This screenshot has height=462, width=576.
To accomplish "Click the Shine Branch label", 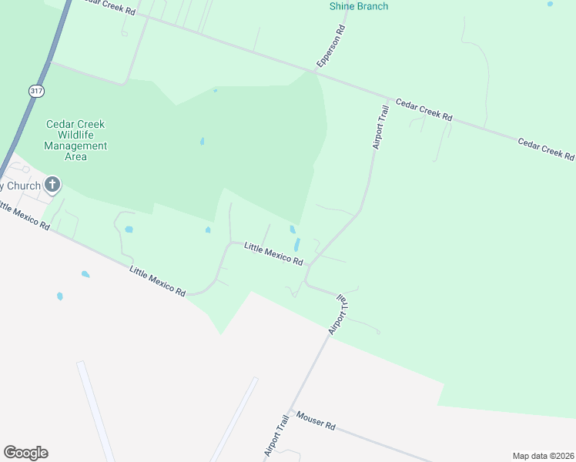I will coord(358,6).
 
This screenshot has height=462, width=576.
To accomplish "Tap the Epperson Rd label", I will coord(330,45).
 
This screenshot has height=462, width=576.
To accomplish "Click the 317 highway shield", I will coord(37,91).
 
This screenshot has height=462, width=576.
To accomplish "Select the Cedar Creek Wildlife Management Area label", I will coord(75,140).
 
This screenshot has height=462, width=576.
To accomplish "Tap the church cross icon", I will coord(52,184).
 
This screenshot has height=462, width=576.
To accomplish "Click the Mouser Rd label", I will coord(316,421).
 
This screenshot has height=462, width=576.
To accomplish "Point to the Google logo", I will coord(25,453).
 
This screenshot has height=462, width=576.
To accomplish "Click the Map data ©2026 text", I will coord(543,456).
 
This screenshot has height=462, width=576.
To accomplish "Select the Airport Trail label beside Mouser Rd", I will coord(276,437).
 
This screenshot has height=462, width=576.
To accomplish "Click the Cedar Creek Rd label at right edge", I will coord(546,149).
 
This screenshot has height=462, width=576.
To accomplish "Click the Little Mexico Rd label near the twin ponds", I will coord(273,253).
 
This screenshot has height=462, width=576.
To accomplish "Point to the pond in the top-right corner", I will coord(550,4).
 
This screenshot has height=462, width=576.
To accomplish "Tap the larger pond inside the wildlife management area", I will coord(203,141).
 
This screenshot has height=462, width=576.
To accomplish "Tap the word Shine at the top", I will coord(343,6).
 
